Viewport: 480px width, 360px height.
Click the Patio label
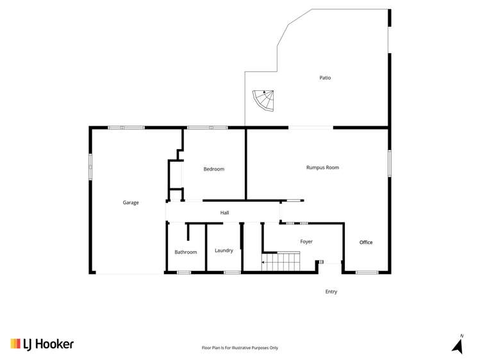click(325, 78)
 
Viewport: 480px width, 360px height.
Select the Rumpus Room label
click(322, 167)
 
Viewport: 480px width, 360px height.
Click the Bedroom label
click(214, 169)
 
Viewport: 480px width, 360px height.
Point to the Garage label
click(131, 202)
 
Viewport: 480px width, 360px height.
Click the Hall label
click(224, 213)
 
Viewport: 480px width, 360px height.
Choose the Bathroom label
click(186, 252)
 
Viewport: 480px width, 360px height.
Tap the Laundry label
click(224, 250)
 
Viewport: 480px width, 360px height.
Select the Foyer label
click(306, 241)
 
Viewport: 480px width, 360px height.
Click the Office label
click(366, 242)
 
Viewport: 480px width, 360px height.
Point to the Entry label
click(331, 291)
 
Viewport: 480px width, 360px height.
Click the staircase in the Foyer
click(281, 261)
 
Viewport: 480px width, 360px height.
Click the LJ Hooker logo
click(42, 344)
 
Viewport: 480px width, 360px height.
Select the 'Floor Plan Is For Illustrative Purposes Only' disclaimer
click(240, 348)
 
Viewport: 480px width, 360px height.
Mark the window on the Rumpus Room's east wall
click(389, 163)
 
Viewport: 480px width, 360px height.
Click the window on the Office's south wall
click(367, 273)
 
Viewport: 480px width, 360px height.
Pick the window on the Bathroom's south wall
click(184, 273)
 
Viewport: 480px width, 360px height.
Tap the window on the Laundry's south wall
click(232, 273)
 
